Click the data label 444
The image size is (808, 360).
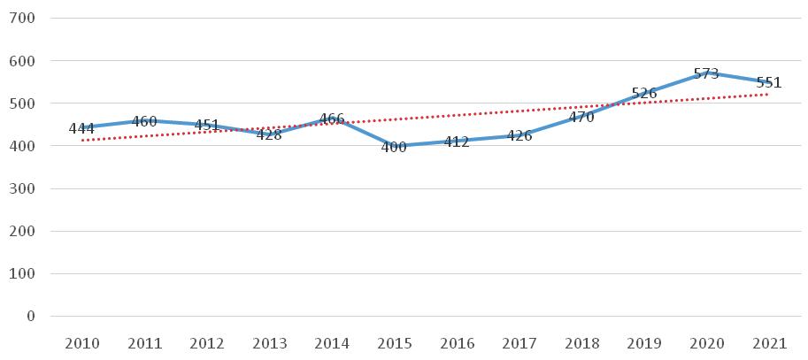[x=81, y=127]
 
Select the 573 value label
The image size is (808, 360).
[x=706, y=73]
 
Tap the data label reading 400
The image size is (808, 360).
[x=394, y=147]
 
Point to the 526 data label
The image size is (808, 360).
[x=643, y=93]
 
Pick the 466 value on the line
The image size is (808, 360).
[x=331, y=119]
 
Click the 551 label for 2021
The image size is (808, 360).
[x=769, y=82]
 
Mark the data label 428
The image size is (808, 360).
[x=269, y=135]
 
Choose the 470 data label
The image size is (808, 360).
[x=581, y=117]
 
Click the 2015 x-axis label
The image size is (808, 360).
[x=394, y=343]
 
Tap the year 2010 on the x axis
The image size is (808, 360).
[x=81, y=343]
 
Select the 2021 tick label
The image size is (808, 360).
[x=768, y=343]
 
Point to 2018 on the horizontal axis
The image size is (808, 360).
[x=581, y=343]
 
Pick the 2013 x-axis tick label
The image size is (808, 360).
[x=269, y=343]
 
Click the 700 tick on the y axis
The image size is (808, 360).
[x=22, y=18]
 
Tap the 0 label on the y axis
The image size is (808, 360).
[x=30, y=317]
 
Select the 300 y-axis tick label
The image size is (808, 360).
[x=22, y=188]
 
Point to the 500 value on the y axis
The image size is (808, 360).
[x=22, y=103]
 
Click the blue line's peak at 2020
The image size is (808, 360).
[x=706, y=73]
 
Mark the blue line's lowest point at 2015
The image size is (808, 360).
[x=394, y=146]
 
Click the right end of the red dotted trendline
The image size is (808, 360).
[x=768, y=95]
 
